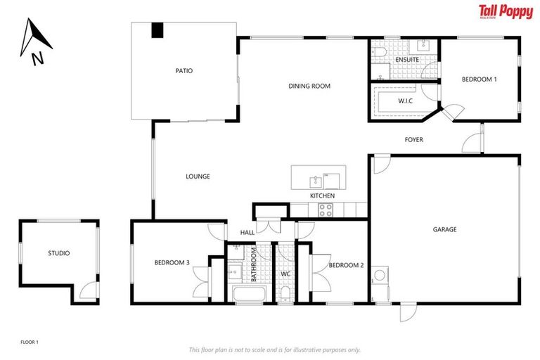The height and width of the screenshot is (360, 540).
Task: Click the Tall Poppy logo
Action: click(x=505, y=12)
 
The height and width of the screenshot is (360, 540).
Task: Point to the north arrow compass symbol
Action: click(x=33, y=42)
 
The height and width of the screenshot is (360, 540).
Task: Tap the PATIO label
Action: click(x=184, y=71)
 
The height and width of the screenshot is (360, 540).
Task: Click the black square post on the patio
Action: click(x=157, y=30)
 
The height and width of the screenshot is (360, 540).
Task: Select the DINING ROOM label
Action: click(x=309, y=86)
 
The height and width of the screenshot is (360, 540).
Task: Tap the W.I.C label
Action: click(x=405, y=101)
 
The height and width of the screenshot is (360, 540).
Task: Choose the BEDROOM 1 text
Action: click(x=479, y=79)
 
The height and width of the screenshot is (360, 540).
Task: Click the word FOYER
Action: click(x=413, y=140)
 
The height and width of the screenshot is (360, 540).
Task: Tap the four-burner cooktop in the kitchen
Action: click(x=326, y=209)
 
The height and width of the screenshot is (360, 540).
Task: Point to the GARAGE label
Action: click(x=444, y=229)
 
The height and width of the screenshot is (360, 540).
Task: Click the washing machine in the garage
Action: click(x=380, y=276)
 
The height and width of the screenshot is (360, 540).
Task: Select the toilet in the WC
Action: click(x=285, y=292)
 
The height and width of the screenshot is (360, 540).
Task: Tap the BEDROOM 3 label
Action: click(x=172, y=263)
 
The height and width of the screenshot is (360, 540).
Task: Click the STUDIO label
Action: click(x=59, y=253)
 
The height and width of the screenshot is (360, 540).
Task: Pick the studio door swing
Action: click(x=86, y=288)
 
